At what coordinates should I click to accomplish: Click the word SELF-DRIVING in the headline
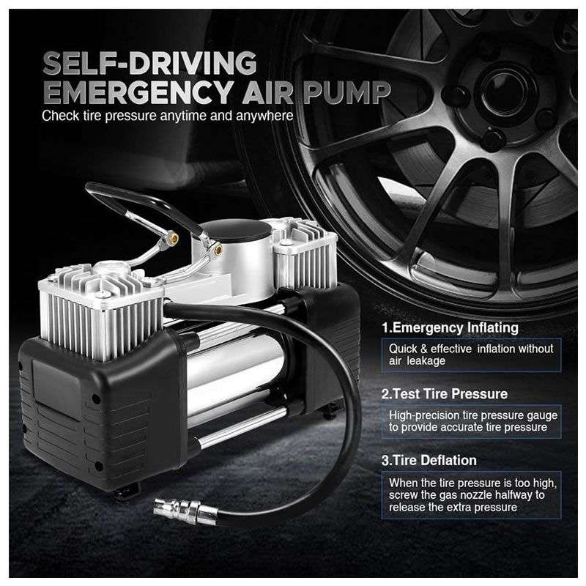point(149,63)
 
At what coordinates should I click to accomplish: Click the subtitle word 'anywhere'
point(264,116)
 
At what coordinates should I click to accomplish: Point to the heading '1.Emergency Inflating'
point(450,327)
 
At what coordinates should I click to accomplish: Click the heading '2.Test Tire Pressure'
point(445,394)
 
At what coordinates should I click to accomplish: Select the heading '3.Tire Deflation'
point(429,461)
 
